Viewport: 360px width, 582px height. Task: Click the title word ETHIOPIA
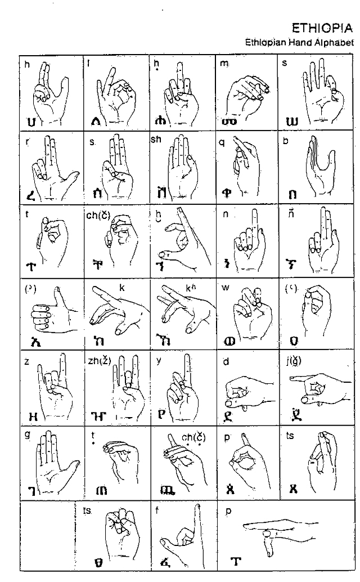[x=322, y=28]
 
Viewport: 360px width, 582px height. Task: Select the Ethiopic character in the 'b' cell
[x=292, y=195]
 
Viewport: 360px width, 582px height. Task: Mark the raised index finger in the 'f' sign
[x=198, y=518]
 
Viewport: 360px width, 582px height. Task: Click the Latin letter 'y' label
[x=159, y=362]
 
